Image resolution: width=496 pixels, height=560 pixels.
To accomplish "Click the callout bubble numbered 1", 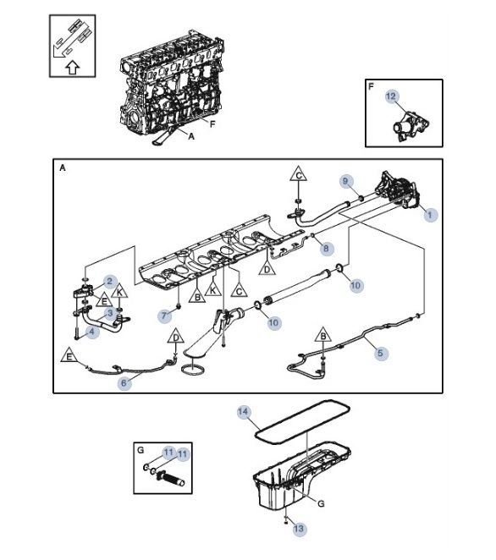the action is click(430, 215).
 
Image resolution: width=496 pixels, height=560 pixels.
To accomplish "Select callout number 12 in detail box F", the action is click(392, 96).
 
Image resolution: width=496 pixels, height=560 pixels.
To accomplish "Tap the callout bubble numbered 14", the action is click(243, 412).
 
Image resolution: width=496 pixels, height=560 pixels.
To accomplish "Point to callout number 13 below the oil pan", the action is click(299, 529).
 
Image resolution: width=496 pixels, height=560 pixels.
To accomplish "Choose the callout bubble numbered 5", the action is click(381, 354).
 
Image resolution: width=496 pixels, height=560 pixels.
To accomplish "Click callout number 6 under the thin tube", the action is click(124, 383).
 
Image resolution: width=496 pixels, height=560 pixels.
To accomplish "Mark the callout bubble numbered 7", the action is click(164, 316).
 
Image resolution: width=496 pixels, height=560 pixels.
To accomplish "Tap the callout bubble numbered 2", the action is click(110, 282).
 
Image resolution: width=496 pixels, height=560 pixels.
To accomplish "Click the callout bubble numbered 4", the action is click(92, 332).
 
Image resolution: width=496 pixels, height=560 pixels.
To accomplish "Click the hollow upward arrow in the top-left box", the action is click(73, 68).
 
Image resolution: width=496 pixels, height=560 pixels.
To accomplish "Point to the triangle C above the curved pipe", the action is click(299, 174).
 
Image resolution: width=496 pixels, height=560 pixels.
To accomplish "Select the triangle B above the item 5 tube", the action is click(323, 335).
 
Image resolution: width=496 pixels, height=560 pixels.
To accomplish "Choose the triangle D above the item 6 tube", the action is click(176, 337).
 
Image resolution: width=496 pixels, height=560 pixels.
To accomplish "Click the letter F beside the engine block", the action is click(212, 124).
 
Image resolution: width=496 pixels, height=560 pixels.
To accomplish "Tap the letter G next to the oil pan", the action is click(321, 503).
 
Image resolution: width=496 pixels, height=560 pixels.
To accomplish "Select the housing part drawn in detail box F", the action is click(411, 126).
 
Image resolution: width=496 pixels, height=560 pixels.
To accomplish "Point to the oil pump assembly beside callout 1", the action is click(397, 190).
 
